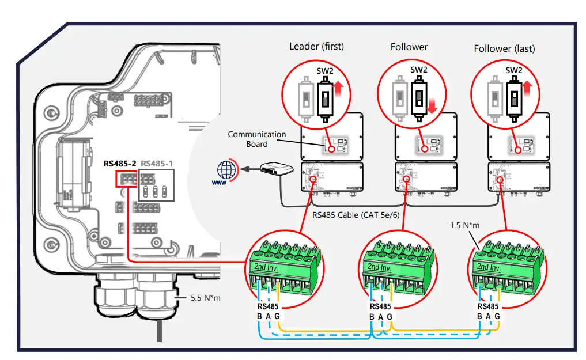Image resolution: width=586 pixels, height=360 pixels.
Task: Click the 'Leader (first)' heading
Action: [316, 46]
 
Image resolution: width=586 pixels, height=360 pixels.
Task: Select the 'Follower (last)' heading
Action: [504, 48]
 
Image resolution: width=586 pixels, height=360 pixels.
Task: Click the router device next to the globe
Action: [278, 169]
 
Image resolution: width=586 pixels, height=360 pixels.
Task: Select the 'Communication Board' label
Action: [256, 139]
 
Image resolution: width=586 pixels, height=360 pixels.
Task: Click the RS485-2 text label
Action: [119, 163]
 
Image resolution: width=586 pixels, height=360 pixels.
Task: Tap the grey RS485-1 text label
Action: [157, 163]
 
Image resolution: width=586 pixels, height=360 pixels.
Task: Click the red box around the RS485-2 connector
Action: [126, 179]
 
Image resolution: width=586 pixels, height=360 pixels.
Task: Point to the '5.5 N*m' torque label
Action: [206, 298]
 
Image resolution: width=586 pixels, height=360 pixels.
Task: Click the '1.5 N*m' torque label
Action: [463, 225]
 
